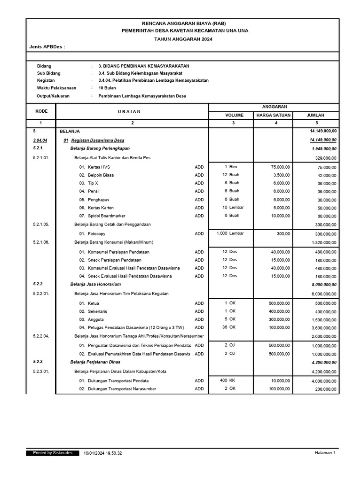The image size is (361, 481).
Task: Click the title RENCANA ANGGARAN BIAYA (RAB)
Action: (183, 23)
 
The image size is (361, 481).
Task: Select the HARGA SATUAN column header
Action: (273, 115)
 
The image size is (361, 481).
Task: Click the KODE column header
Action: (41, 111)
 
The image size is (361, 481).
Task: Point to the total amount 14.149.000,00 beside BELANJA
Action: (323, 132)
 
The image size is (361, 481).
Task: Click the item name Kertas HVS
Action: (99, 167)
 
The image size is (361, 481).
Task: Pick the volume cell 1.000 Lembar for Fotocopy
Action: (230, 233)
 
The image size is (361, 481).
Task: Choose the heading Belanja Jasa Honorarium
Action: (95, 284)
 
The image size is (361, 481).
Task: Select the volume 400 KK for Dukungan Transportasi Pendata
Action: (228, 380)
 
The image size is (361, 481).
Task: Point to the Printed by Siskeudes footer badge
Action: (52, 453)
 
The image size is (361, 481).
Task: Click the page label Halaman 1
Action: (325, 453)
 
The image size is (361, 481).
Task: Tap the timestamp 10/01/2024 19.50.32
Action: (102, 453)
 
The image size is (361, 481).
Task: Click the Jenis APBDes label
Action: (47, 47)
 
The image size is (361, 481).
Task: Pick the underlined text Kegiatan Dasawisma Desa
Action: (98, 140)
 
